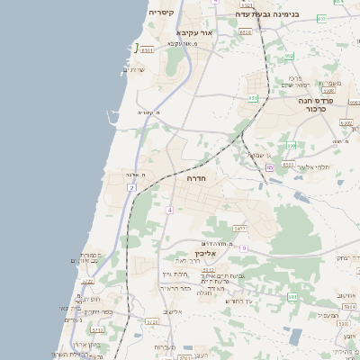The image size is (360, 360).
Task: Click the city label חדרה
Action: click(x=197, y=179)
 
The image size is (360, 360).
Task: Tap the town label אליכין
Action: click(x=207, y=254)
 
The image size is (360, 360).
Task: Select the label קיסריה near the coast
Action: click(x=161, y=13)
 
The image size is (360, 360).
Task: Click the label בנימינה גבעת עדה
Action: click(x=265, y=14)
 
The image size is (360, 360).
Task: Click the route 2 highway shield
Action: click(x=132, y=187)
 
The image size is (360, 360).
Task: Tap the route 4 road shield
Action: click(x=168, y=210)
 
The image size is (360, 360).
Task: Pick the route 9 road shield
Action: click(x=243, y=247)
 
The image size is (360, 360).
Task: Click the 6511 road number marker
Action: click(x=148, y=51)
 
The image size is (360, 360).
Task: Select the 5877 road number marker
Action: click(x=239, y=229)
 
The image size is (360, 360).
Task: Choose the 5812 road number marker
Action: click(x=209, y=269)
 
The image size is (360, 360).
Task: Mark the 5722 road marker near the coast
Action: click(x=88, y=282)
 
